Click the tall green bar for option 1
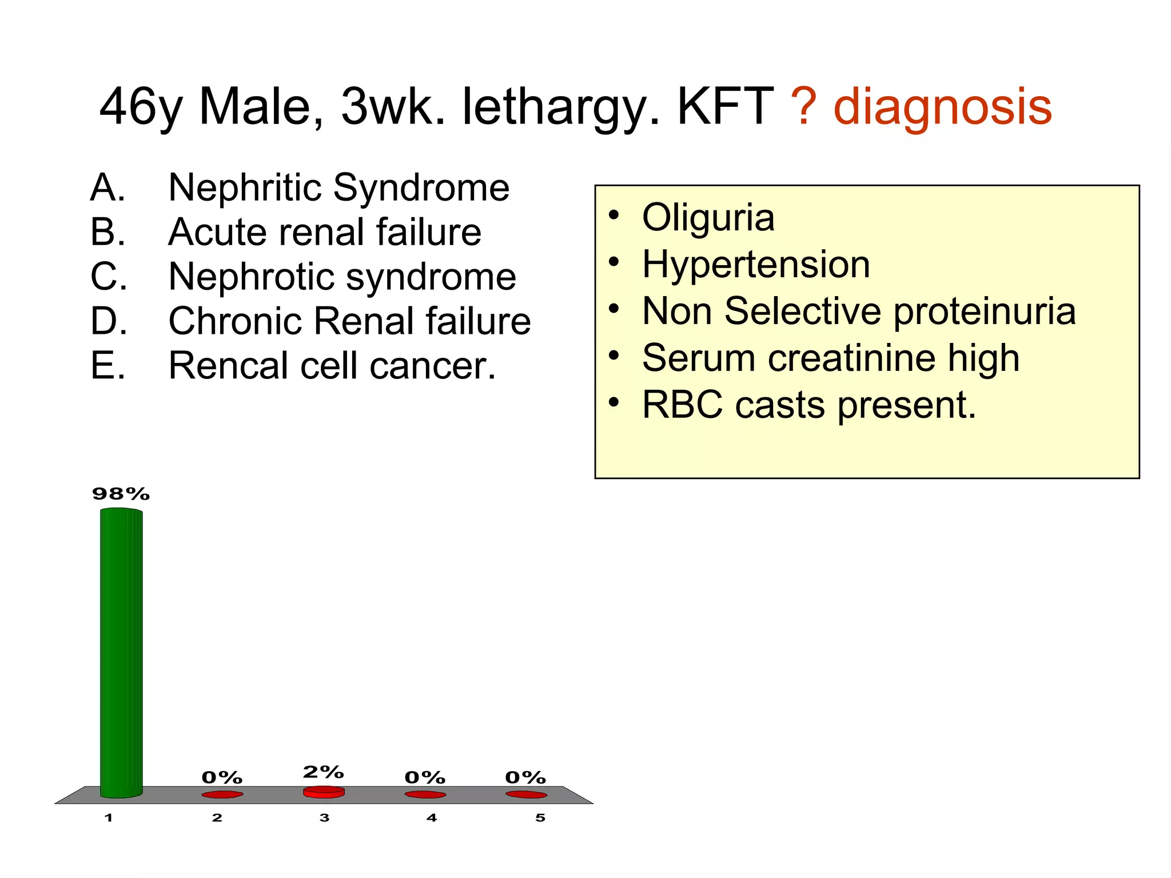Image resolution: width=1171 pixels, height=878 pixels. click(x=121, y=652)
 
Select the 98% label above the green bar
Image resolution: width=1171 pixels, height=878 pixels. click(x=121, y=494)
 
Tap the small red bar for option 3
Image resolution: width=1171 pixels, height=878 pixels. click(x=324, y=792)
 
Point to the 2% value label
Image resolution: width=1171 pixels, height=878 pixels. click(x=323, y=772)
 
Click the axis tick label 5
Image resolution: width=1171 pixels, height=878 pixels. click(x=540, y=818)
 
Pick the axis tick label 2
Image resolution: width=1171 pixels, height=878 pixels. click(x=217, y=818)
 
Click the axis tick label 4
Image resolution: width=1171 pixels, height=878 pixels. click(x=432, y=818)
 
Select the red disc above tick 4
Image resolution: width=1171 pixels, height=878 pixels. click(x=425, y=795)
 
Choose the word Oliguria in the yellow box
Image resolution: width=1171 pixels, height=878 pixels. click(x=708, y=218)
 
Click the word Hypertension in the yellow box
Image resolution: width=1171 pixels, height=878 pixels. click(x=756, y=264)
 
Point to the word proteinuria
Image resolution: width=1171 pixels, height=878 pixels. click(x=984, y=312)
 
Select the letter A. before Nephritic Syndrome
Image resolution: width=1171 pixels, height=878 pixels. click(x=107, y=187)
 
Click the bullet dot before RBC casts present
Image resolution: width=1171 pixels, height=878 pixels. click(x=614, y=402)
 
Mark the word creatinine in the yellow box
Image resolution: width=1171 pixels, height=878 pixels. click(x=852, y=358)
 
